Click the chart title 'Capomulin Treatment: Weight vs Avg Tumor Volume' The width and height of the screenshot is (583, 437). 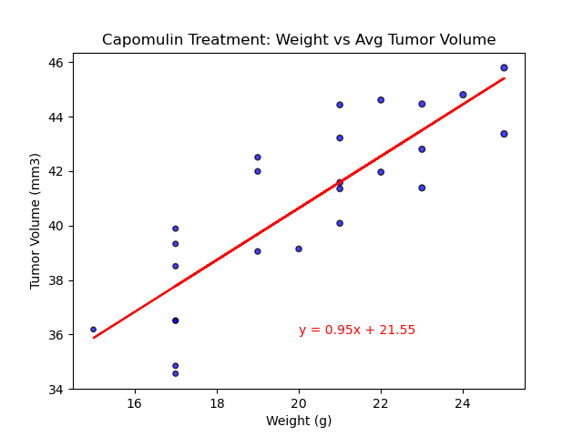tap(299, 40)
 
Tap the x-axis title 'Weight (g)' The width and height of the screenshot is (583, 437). tap(299, 421)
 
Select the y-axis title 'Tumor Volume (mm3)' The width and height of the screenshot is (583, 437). tap(36, 221)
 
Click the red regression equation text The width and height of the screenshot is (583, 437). tap(357, 330)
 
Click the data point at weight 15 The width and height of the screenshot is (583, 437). tap(94, 330)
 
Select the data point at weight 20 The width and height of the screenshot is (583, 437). tap(299, 249)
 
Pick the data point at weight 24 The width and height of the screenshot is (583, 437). tap(463, 95)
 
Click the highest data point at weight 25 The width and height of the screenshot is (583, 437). tap(504, 68)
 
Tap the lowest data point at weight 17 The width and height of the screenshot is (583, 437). tap(176, 373)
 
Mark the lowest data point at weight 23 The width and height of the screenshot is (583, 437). tap(422, 188)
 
